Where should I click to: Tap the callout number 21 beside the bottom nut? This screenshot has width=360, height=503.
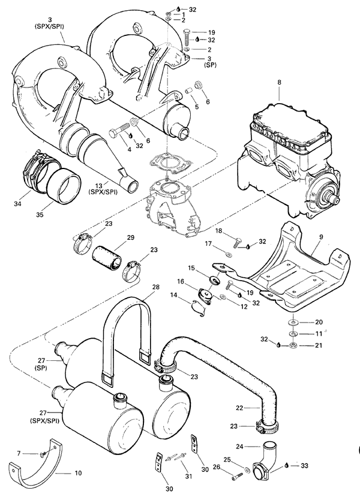point(319,346)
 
